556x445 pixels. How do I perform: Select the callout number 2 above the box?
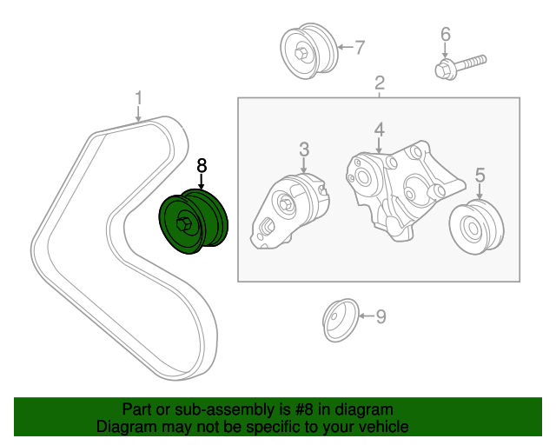380,83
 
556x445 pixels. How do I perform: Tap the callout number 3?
304,149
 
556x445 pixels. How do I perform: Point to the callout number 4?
380,130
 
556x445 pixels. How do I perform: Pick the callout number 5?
480,176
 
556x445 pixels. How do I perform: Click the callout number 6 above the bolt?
445,35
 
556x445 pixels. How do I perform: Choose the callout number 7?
359,47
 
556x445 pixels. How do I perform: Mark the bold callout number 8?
202,164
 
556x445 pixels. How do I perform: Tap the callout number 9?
381,315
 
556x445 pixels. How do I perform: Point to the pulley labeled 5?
477,228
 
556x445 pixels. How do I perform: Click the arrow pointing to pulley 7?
342,47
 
